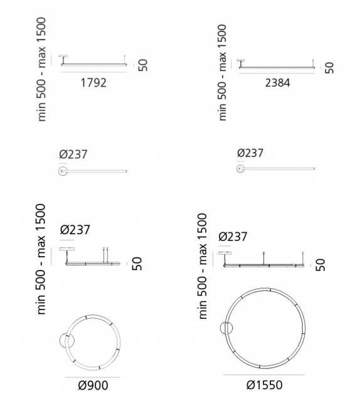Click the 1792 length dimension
pos(94,82)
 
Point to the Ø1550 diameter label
pos(264,385)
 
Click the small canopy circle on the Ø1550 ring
pos(226,328)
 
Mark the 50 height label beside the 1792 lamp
pos(143,65)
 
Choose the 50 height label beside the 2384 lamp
pos(329,67)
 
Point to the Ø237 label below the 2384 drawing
pos(250,153)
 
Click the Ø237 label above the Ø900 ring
pos(75,230)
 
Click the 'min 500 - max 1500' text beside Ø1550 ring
pos(203,265)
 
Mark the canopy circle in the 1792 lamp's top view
pos(63,171)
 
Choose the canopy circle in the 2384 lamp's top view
pos(241,169)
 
